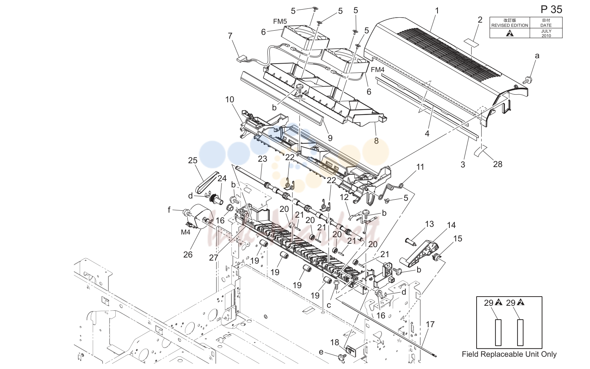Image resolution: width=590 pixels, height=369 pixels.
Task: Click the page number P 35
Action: coord(551,10)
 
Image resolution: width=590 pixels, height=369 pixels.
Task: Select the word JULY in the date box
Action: coord(546,31)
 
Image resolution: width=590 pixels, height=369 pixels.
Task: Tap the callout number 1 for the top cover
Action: coord(437,11)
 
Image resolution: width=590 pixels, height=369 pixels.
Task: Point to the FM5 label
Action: coord(280,21)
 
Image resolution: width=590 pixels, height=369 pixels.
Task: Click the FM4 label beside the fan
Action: coord(377,70)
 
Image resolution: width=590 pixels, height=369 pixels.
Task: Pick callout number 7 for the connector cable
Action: coord(230,36)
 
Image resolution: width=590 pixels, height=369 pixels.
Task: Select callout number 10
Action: coord(230,100)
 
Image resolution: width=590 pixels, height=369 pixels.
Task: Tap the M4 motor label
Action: coord(185,232)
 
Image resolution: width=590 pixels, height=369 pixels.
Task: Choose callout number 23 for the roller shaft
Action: coord(262,159)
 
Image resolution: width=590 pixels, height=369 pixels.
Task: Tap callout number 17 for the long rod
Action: coord(430,325)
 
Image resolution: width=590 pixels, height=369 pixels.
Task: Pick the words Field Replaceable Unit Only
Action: coord(509,354)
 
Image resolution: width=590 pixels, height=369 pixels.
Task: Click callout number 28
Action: coord(498,164)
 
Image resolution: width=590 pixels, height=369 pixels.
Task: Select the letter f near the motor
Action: coord(169,210)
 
